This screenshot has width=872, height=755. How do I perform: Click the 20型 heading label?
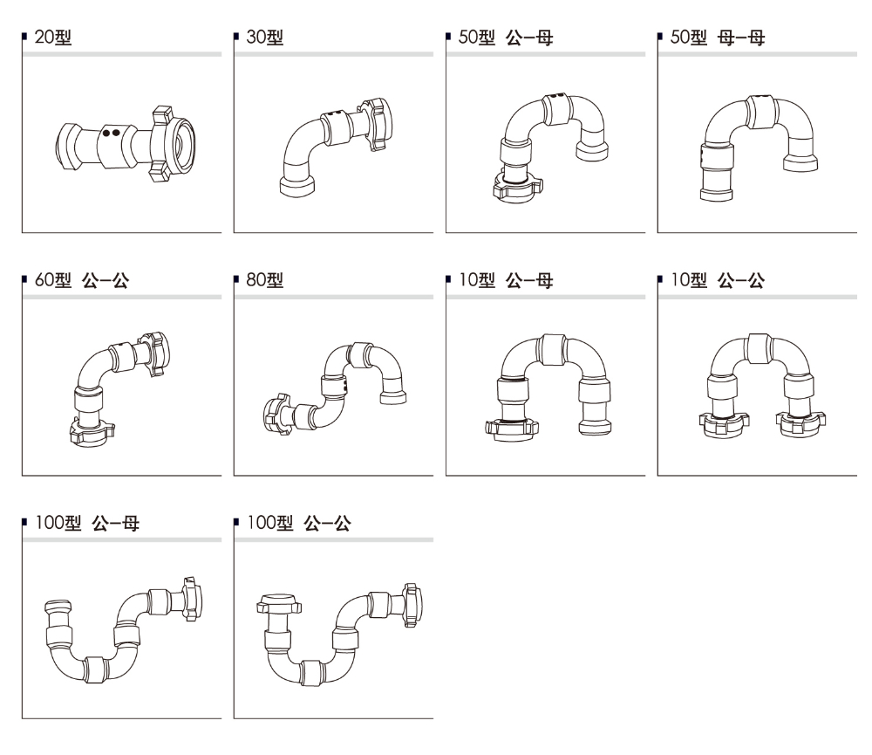[x=52, y=38]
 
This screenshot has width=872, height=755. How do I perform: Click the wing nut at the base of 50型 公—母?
[x=516, y=186]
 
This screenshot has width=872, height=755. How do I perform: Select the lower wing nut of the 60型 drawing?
[x=90, y=430]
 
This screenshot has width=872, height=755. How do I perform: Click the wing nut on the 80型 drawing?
[x=278, y=413]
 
